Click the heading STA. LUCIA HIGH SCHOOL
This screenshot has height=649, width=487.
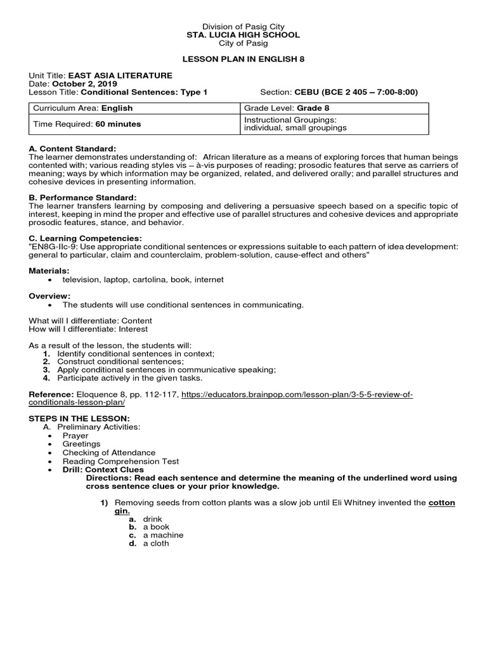(x=243, y=35)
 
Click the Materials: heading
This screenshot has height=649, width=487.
(x=48, y=270)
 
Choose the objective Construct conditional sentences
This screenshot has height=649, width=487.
(x=120, y=361)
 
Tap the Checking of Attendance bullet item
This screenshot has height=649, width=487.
(x=108, y=453)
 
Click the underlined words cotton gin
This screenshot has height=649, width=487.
(x=442, y=503)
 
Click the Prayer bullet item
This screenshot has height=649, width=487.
(x=75, y=435)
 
